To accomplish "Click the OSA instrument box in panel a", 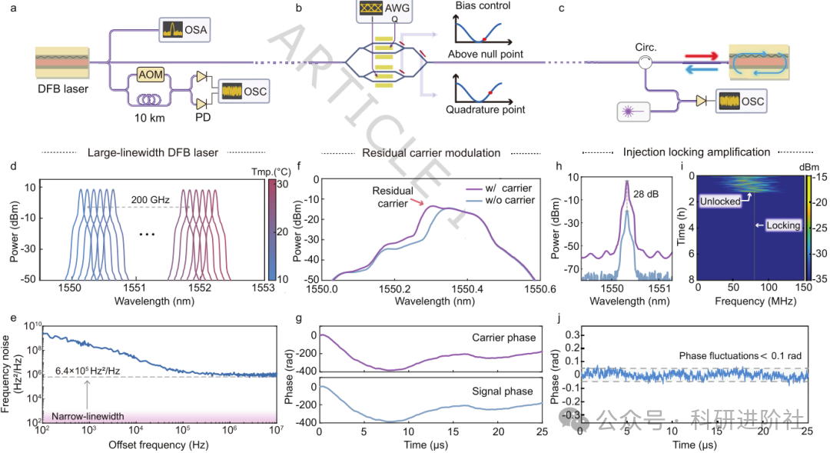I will click(x=185, y=31).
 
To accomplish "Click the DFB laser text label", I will click(x=62, y=89).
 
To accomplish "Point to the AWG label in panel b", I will click(x=395, y=11).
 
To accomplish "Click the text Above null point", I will click(x=486, y=55).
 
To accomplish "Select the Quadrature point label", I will click(x=486, y=109).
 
